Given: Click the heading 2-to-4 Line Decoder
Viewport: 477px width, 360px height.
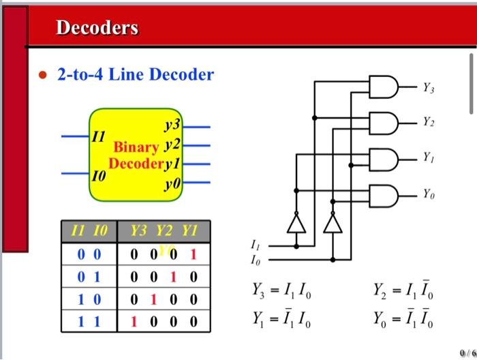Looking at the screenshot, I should click(x=135, y=74).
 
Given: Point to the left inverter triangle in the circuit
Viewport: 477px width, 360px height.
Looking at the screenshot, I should click(x=296, y=223).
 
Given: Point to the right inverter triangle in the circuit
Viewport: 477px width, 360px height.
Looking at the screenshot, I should click(x=332, y=223).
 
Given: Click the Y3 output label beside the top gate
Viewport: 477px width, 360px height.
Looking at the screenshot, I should click(x=427, y=87).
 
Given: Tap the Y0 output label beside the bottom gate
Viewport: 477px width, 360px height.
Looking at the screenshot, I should click(x=427, y=195).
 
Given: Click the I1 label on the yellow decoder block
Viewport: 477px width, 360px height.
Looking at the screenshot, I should click(x=99, y=136).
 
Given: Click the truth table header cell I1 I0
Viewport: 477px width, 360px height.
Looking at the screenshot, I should click(x=89, y=232).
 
